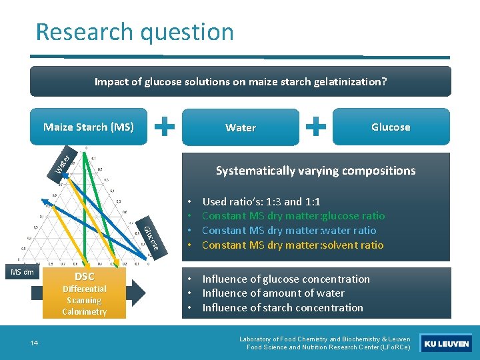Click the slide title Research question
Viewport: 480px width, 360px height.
coord(135,31)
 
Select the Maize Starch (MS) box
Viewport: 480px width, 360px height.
coord(89,127)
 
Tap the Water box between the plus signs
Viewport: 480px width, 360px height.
coord(240,127)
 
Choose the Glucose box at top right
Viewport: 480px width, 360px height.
coord(390,127)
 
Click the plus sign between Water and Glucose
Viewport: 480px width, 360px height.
coord(319,125)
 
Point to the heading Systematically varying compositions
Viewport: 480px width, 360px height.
coord(315,171)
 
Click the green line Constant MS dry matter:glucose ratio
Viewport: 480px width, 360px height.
coord(293,215)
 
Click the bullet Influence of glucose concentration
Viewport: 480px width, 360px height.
coord(285,279)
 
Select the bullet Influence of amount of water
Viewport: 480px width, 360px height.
coord(273,293)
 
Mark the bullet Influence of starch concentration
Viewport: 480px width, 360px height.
coord(282,307)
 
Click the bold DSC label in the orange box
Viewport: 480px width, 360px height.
coord(84,277)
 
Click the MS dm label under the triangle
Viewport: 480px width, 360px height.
coord(22,272)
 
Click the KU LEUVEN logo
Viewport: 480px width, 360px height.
coord(447,344)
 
